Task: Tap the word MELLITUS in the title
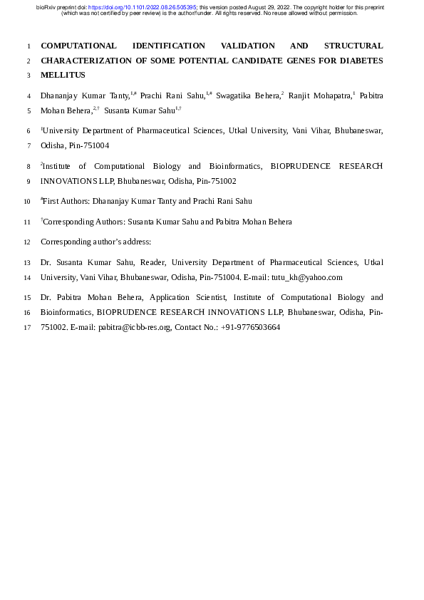[x=63, y=75]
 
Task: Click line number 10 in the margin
[x=27, y=202]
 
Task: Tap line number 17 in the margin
[x=27, y=328]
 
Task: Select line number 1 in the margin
[x=27, y=46]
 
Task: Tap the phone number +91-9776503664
[x=250, y=328]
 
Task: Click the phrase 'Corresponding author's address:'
[x=95, y=242]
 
